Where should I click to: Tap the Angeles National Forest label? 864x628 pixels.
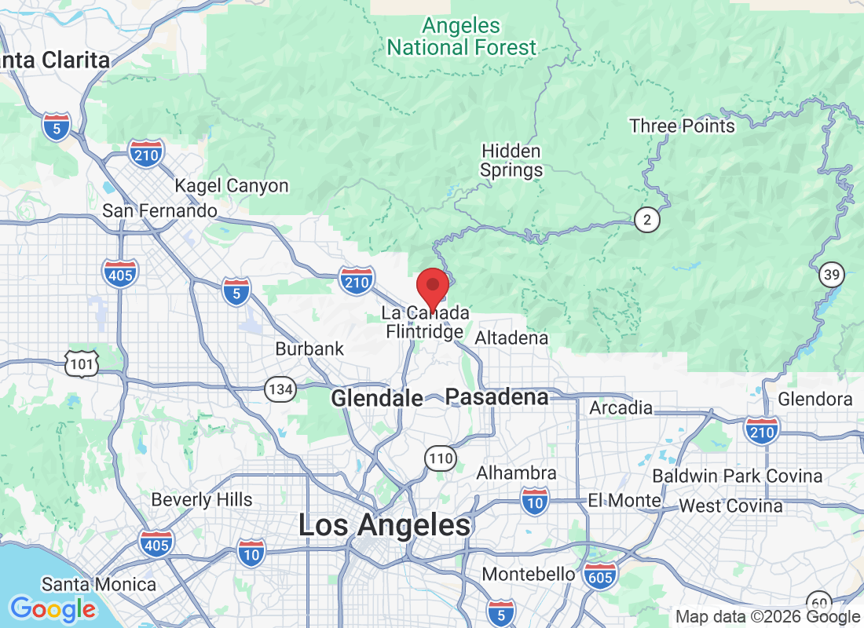pyautogui.click(x=462, y=37)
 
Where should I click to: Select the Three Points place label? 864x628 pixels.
pyautogui.click(x=682, y=126)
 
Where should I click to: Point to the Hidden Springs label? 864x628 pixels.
pyautogui.click(x=511, y=160)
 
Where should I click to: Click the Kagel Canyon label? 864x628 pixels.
pyautogui.click(x=231, y=186)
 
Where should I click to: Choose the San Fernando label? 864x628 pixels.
pyautogui.click(x=160, y=211)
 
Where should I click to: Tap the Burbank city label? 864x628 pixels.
pyautogui.click(x=309, y=349)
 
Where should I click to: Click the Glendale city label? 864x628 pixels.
pyautogui.click(x=377, y=399)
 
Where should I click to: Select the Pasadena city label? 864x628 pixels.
pyautogui.click(x=497, y=397)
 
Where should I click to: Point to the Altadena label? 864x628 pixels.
pyautogui.click(x=511, y=338)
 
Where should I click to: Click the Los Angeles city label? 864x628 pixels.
pyautogui.click(x=385, y=525)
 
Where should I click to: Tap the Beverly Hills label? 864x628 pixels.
pyautogui.click(x=202, y=499)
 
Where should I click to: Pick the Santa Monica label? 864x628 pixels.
pyautogui.click(x=99, y=584)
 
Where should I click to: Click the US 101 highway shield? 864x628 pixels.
pyautogui.click(x=82, y=363)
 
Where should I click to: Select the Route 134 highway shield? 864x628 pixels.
pyautogui.click(x=280, y=389)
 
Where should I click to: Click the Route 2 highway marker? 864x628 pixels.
pyautogui.click(x=647, y=220)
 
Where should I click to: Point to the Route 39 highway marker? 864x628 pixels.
pyautogui.click(x=831, y=276)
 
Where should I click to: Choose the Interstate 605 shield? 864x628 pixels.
pyautogui.click(x=601, y=576)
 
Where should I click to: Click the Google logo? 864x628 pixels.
pyautogui.click(x=53, y=608)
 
